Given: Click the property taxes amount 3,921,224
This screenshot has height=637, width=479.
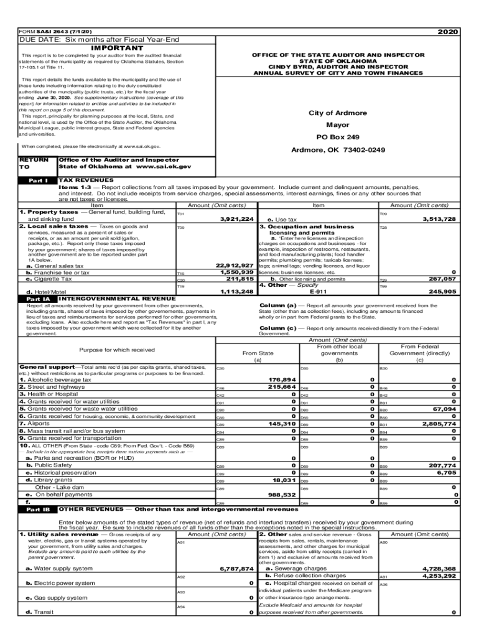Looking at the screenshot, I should click(237, 219).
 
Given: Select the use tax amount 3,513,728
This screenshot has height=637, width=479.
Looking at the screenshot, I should click(439, 219).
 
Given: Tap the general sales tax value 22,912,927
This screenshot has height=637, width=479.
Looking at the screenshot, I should click(234, 266).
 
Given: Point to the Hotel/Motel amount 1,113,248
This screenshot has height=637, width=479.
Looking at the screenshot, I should click(236, 291).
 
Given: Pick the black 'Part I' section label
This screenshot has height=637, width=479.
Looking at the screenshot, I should click(38, 180).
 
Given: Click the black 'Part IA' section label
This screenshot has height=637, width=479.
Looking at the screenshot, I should click(38, 299).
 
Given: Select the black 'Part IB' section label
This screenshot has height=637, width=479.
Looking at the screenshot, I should click(38, 508).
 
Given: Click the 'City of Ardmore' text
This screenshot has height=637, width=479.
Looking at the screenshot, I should click(337, 113).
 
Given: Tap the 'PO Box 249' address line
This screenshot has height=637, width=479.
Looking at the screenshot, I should click(337, 137).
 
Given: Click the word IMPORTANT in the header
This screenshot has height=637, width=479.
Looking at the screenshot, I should click(117, 48).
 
